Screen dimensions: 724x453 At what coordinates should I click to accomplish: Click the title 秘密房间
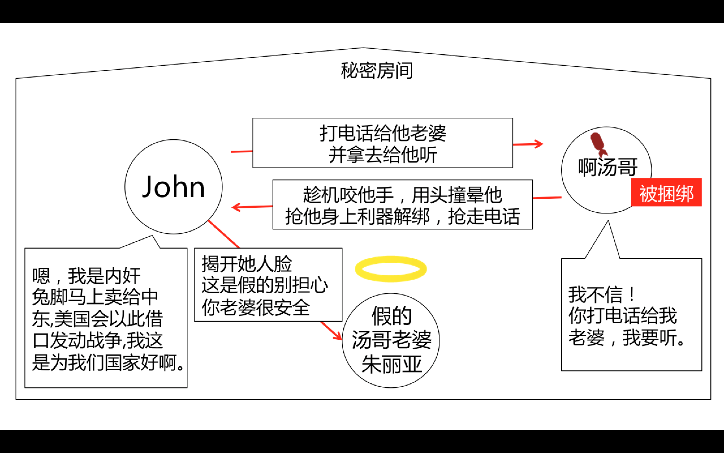377,71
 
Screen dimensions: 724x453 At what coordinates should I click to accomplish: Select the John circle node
174,187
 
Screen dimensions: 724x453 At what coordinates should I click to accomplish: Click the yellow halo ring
391,269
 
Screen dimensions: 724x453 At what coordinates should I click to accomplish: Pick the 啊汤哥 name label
607,167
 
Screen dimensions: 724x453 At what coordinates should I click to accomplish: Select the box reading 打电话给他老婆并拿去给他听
382,143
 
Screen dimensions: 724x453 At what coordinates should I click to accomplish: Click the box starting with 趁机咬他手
402,205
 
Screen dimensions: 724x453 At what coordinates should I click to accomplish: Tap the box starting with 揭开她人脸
268,285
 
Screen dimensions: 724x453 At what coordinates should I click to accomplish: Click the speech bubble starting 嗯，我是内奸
106,318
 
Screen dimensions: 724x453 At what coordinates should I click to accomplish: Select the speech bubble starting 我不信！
631,315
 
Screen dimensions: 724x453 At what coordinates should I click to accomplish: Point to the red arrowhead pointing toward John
236,207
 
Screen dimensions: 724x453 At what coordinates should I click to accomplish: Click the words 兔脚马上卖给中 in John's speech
95,297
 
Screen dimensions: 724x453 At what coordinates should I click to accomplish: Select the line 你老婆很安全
256,307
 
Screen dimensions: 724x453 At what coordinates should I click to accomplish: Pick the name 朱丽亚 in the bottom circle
392,364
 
